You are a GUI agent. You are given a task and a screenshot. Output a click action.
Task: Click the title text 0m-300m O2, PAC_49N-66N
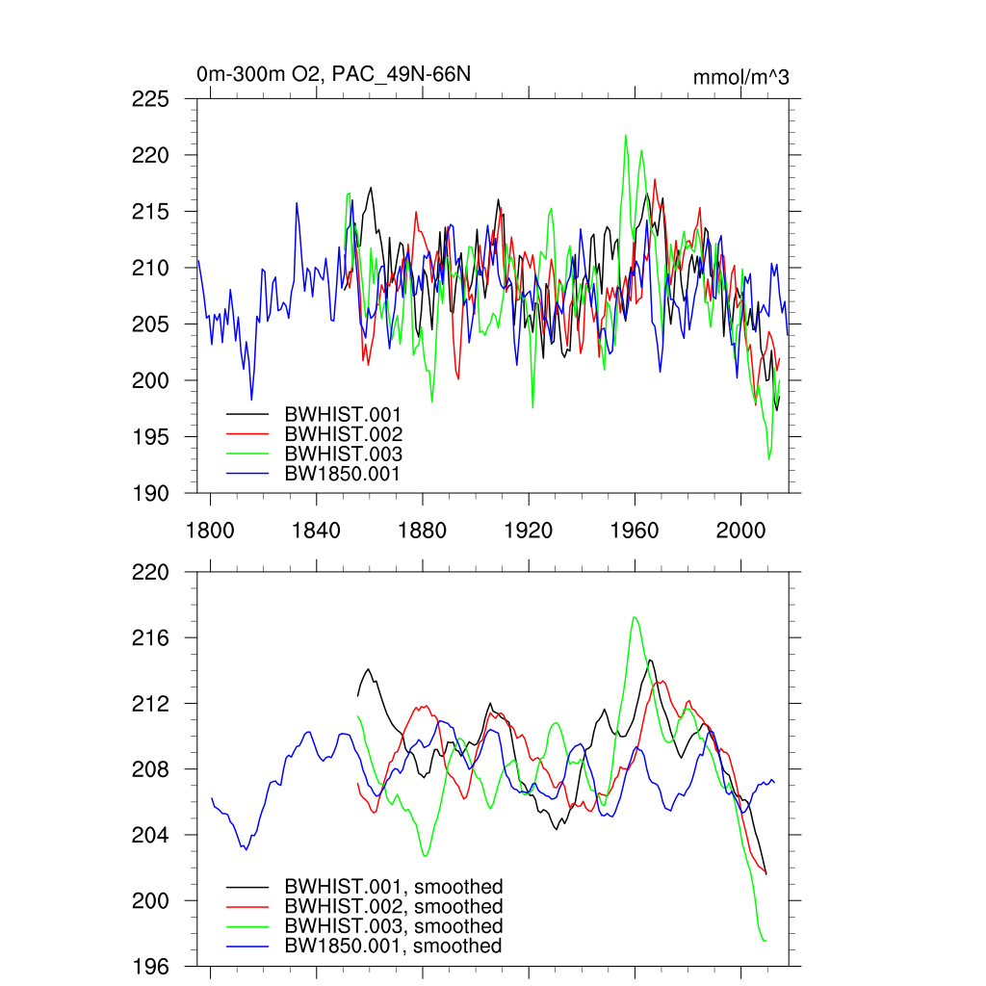click(333, 74)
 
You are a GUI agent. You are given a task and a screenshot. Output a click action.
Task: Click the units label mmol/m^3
click(740, 77)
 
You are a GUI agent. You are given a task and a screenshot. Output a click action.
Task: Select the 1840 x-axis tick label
click(315, 529)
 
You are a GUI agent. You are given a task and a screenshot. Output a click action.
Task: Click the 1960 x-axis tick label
click(635, 529)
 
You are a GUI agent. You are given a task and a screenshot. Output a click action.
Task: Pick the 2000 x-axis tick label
click(740, 529)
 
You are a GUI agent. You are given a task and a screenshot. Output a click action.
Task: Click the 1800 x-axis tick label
click(209, 529)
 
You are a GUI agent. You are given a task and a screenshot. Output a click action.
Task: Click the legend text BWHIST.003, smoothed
click(393, 926)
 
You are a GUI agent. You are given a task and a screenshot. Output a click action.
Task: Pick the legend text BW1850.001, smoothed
click(393, 947)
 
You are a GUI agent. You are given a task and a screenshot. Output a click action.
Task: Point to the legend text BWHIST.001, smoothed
click(393, 887)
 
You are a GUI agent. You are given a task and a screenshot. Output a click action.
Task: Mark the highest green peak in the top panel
click(626, 136)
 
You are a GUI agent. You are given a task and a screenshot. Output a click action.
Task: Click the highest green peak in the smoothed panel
click(634, 617)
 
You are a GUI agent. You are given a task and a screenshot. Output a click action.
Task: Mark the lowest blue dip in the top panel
click(251, 399)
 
